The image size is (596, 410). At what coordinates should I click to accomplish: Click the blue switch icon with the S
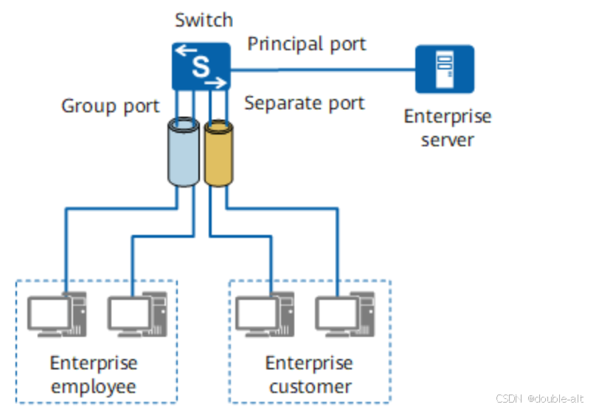pyautogui.click(x=201, y=66)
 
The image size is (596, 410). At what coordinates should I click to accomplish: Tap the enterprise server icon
pyautogui.click(x=445, y=69)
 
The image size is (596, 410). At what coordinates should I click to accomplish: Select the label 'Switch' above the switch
pyautogui.click(x=204, y=20)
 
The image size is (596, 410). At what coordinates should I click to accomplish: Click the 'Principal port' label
pyautogui.click(x=307, y=44)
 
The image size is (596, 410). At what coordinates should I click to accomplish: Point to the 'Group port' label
pyautogui.click(x=111, y=106)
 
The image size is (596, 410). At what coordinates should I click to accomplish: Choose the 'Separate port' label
pyautogui.click(x=305, y=103)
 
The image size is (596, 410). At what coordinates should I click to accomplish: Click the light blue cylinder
pyautogui.click(x=184, y=152)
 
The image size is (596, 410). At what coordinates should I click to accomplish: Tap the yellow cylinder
pyautogui.click(x=218, y=154)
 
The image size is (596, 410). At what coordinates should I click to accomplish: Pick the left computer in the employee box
pyautogui.click(x=57, y=315)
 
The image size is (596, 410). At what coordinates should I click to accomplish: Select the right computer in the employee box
pyautogui.click(x=138, y=315)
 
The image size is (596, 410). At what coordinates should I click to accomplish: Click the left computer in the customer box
pyautogui.click(x=265, y=315)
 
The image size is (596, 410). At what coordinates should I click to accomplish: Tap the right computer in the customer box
pyautogui.click(x=345, y=315)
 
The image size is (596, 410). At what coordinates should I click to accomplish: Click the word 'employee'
pyautogui.click(x=94, y=387)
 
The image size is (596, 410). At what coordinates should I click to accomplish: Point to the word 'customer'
pyautogui.click(x=310, y=387)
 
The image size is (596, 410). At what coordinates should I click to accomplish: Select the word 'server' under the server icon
pyautogui.click(x=448, y=140)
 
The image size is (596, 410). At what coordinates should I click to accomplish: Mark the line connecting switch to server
pyautogui.click(x=322, y=69)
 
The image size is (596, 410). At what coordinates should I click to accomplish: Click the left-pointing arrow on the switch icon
pyautogui.click(x=186, y=50)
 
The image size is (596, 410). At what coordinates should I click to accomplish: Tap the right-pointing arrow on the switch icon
pyautogui.click(x=216, y=82)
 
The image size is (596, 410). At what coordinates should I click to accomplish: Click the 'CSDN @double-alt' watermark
pyautogui.click(x=540, y=398)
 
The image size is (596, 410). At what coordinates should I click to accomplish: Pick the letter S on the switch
pyautogui.click(x=201, y=66)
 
